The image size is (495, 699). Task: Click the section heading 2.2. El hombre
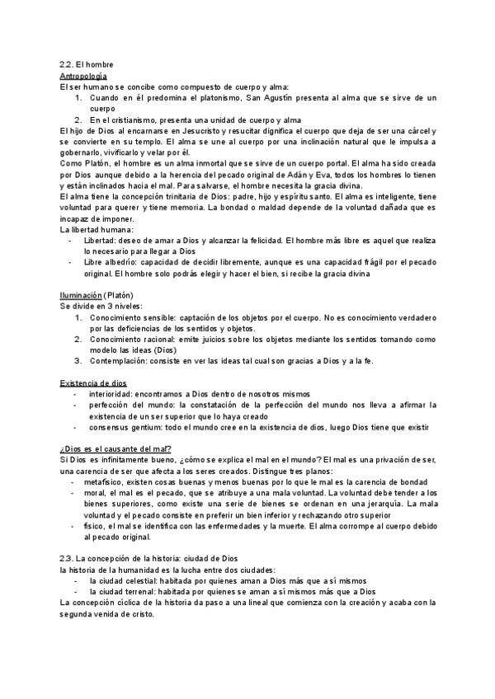click(x=87, y=63)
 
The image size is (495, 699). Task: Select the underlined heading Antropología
click(x=84, y=75)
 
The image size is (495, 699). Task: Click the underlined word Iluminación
click(x=81, y=295)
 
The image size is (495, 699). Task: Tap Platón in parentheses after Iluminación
click(x=116, y=295)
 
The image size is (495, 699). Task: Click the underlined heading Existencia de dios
click(x=93, y=382)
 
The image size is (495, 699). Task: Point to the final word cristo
click(x=149, y=613)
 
